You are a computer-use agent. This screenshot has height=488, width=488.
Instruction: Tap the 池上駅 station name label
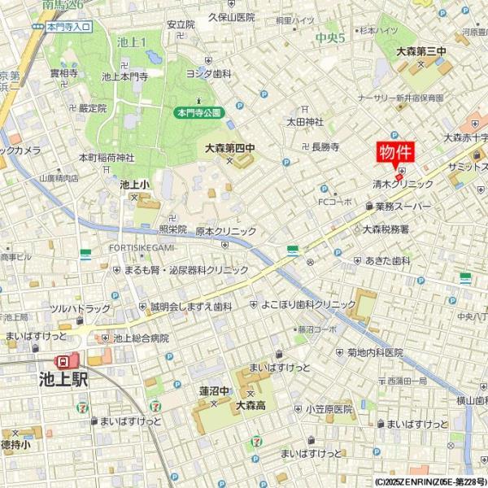(63, 378)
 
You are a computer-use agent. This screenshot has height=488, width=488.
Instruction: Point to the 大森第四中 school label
(229, 149)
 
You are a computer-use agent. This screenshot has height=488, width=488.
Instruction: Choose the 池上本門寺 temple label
(124, 76)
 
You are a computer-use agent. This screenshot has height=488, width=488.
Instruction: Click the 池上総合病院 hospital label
(141, 338)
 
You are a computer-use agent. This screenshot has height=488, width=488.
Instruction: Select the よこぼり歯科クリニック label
(308, 304)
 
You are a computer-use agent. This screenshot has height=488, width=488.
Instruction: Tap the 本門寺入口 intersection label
(69, 27)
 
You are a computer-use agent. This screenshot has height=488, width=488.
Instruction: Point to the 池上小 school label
(134, 185)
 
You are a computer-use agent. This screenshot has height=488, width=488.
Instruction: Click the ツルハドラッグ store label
(80, 308)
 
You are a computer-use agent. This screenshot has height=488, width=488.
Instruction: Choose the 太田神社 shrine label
(304, 122)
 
